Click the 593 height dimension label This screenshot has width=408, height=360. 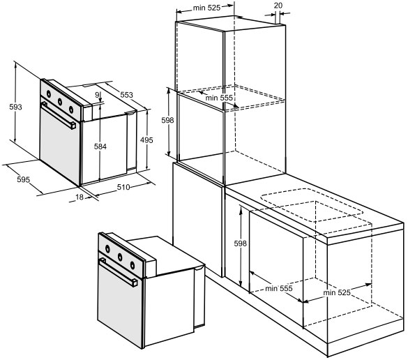pos(15,107)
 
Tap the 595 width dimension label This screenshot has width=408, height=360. pos(24,179)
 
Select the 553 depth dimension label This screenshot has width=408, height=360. pos(126,95)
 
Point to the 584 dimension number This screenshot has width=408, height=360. pos(100,147)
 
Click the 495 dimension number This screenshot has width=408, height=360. pos(146,140)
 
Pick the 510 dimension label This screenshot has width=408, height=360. pos(123,187)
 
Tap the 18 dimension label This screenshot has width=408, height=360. pos(80,197)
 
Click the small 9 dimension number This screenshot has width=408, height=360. pos(97,95)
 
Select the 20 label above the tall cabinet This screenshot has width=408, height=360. pos(278,6)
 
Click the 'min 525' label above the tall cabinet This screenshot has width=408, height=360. pos(206,8)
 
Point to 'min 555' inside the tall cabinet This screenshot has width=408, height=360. pos(219,98)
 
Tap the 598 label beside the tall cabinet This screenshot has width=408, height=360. pos(167,120)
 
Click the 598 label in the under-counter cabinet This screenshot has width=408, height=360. pos(240,243)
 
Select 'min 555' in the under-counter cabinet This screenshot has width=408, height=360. pos(279,288)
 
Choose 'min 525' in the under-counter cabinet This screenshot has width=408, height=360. pos(337,292)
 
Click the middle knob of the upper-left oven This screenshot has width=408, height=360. pos(60,101)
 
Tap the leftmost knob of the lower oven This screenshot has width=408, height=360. pos(107,249)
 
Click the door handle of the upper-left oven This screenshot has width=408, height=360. pos(59,115)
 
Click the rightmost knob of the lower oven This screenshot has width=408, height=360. pos(133,265)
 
